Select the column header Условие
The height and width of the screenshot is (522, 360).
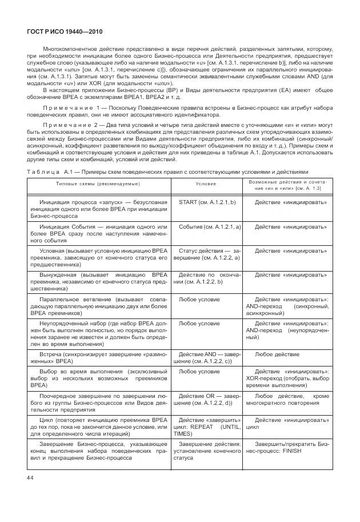coord(206,184)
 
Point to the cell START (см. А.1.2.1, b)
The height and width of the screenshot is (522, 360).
coord(206,202)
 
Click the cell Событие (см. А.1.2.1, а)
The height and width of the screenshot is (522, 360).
coord(206,227)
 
